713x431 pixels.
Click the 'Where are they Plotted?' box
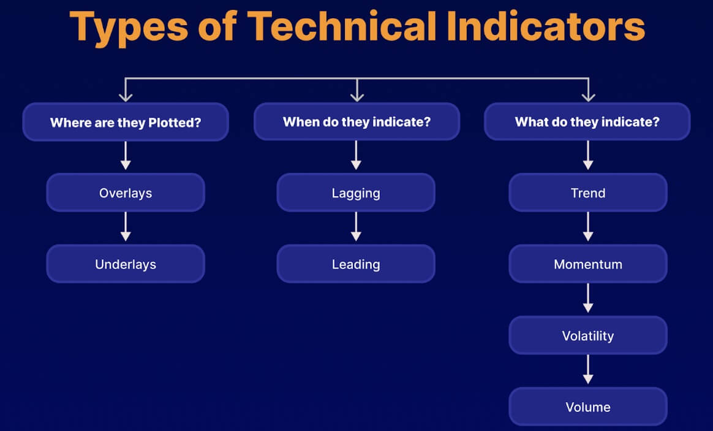[126, 122]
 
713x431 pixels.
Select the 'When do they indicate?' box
[356, 122]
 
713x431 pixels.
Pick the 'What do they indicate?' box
[587, 122]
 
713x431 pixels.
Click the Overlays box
[126, 193]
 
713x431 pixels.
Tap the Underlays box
[126, 264]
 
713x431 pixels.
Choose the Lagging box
[356, 193]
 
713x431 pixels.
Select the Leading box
[356, 264]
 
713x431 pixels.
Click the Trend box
[588, 193]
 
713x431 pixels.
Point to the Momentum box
[588, 264]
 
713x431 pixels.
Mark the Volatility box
[588, 336]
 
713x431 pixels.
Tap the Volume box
[588, 407]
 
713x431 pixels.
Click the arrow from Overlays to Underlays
[126, 227]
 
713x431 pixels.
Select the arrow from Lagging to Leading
[356, 227]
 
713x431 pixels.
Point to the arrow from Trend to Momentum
[588, 227]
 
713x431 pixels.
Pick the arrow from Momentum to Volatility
[588, 299]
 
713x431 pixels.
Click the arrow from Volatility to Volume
[588, 370]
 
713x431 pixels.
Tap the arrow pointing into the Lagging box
[356, 156]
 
